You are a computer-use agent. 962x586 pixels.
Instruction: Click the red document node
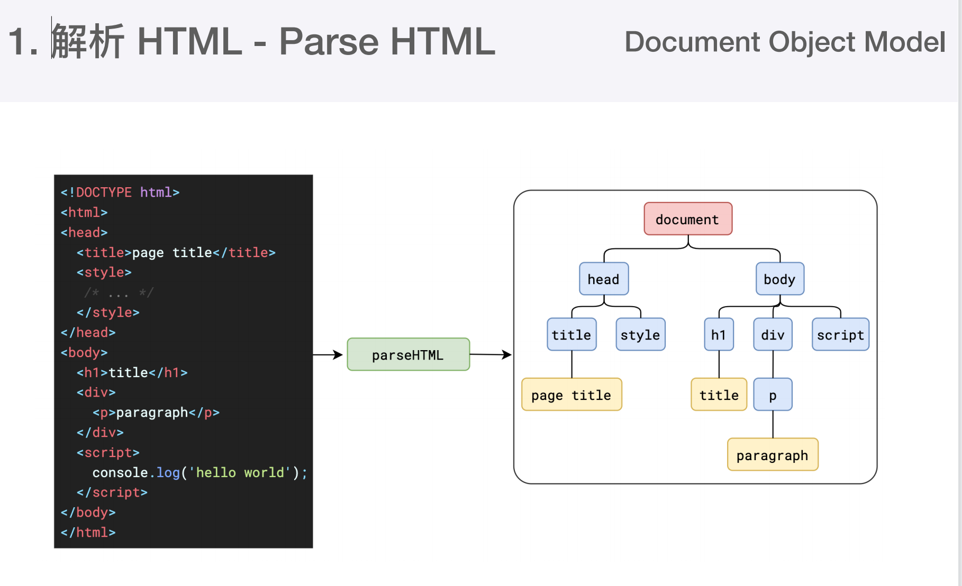click(x=688, y=218)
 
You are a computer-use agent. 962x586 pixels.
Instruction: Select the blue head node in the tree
click(x=604, y=279)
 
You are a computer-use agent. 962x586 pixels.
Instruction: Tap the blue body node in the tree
click(x=780, y=279)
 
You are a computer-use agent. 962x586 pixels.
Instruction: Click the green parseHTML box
click(x=408, y=354)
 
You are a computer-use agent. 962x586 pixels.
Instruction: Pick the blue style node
click(x=640, y=334)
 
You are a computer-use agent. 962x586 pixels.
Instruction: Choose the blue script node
click(x=840, y=334)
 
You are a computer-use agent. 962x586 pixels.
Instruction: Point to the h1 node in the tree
click(x=719, y=334)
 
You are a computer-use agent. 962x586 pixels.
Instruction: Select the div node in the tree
click(x=773, y=334)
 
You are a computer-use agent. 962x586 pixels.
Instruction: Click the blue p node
click(x=773, y=395)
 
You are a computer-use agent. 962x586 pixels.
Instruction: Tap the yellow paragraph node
click(x=773, y=454)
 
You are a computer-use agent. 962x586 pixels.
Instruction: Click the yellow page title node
click(x=571, y=395)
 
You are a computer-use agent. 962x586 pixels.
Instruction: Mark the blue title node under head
click(x=571, y=334)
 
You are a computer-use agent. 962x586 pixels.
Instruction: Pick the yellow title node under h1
click(x=719, y=395)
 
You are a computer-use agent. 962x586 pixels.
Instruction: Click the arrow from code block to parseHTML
click(x=328, y=354)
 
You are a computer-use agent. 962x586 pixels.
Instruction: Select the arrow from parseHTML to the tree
click(x=491, y=354)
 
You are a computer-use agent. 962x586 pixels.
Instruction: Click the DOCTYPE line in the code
click(x=120, y=192)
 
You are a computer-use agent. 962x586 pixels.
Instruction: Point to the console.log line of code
click(x=200, y=472)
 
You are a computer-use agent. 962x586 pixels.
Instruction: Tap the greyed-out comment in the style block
click(x=119, y=292)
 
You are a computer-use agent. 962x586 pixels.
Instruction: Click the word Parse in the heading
click(x=329, y=41)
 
